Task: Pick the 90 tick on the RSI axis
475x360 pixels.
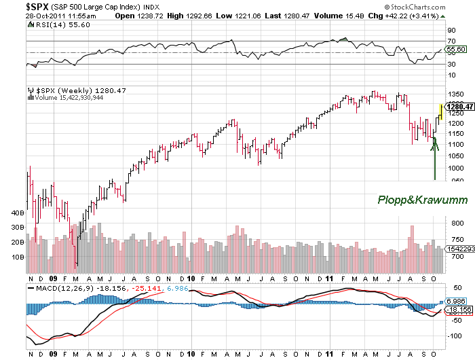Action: coord(451,31)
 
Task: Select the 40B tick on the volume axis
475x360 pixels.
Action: coord(18,213)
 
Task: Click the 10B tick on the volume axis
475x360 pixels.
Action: coord(18,257)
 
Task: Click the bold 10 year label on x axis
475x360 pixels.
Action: coord(191,278)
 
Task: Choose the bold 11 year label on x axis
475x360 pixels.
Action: coord(328,278)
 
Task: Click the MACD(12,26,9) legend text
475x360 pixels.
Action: coord(58,288)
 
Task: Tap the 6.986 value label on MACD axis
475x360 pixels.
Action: coord(457,300)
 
